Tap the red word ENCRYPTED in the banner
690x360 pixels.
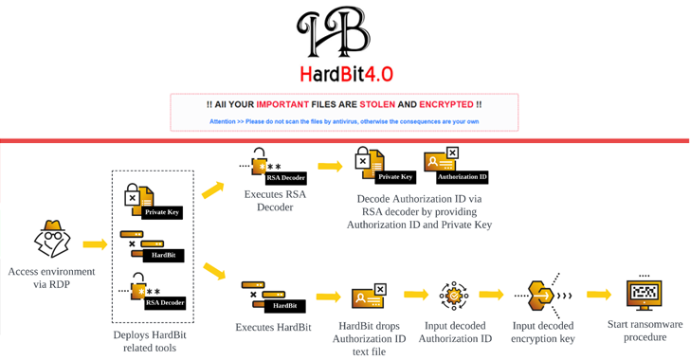click(x=446, y=104)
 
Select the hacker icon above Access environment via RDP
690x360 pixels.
click(x=52, y=240)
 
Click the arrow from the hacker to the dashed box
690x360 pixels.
click(x=95, y=244)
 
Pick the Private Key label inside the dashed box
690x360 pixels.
click(x=162, y=212)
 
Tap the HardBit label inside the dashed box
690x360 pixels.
click(x=163, y=255)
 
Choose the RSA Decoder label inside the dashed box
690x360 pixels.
click(x=164, y=303)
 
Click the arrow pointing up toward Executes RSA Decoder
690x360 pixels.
click(x=213, y=189)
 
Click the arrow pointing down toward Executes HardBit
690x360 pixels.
click(x=214, y=272)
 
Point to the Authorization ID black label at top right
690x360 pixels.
click(x=462, y=177)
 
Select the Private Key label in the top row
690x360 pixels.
click(x=395, y=177)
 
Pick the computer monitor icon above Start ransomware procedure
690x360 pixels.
click(x=645, y=294)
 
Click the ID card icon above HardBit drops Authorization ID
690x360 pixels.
click(x=369, y=297)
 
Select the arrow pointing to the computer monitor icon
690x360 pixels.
click(x=599, y=295)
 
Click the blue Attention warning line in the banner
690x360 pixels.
click(x=344, y=121)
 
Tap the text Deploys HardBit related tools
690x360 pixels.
click(x=151, y=341)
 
